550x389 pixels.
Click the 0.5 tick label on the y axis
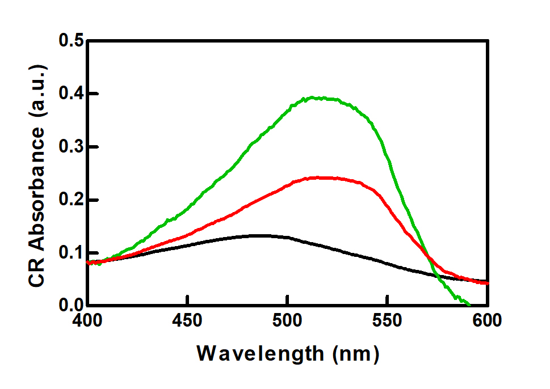click(70, 41)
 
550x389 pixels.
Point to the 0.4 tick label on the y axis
click(70, 94)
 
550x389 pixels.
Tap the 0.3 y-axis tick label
click(70, 147)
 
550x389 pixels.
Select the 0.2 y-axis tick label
click(70, 200)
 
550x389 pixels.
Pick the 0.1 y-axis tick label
click(70, 253)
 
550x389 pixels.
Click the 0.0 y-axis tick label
click(70, 306)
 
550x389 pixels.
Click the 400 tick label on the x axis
click(87, 321)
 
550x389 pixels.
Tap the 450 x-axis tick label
click(187, 321)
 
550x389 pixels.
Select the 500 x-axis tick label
click(288, 321)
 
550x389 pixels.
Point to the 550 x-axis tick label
click(388, 321)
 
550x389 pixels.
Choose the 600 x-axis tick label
click(488, 321)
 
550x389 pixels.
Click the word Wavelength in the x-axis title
click(259, 354)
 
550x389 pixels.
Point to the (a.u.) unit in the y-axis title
click(38, 91)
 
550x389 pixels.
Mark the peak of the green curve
click(309, 98)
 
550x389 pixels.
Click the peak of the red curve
click(318, 177)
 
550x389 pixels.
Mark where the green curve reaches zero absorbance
click(469, 305)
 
